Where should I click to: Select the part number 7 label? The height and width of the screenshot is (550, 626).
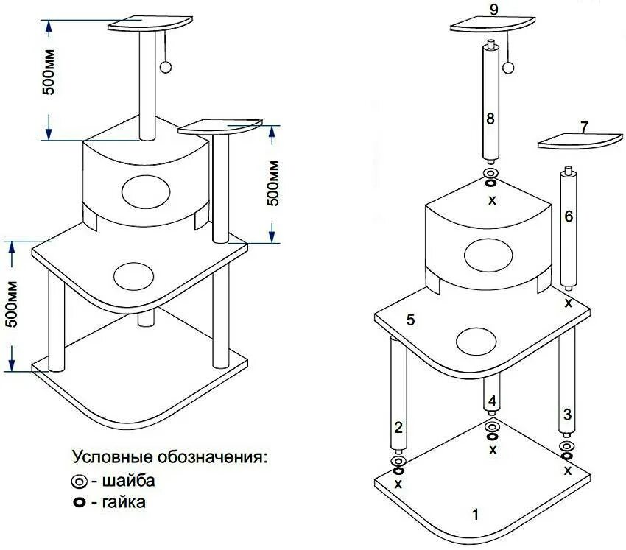584,127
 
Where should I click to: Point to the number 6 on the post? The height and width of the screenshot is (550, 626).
568,216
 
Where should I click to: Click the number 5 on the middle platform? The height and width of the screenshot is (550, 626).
411,320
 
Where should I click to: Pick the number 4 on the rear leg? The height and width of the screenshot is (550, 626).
493,402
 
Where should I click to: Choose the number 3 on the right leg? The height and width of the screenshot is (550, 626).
566,415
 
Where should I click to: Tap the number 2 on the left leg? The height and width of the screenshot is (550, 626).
398,427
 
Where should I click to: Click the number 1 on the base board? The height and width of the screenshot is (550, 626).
475,515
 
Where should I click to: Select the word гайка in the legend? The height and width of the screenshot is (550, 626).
124,503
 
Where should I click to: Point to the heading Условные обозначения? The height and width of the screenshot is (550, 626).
169,457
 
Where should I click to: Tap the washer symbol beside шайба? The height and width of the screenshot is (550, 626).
79,482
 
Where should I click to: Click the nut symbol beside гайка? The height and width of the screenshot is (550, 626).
79,504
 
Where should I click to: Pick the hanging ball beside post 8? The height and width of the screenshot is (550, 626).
508,68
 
